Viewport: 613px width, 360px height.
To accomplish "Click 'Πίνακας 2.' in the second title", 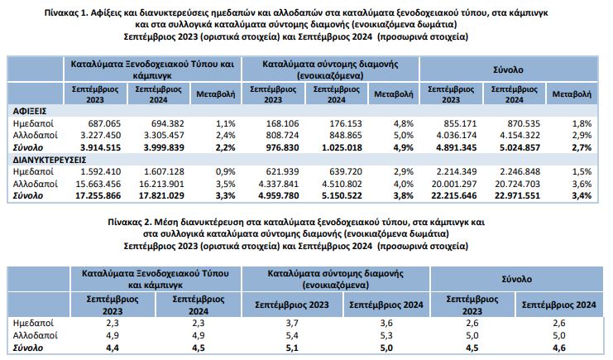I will click(x=132, y=223).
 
